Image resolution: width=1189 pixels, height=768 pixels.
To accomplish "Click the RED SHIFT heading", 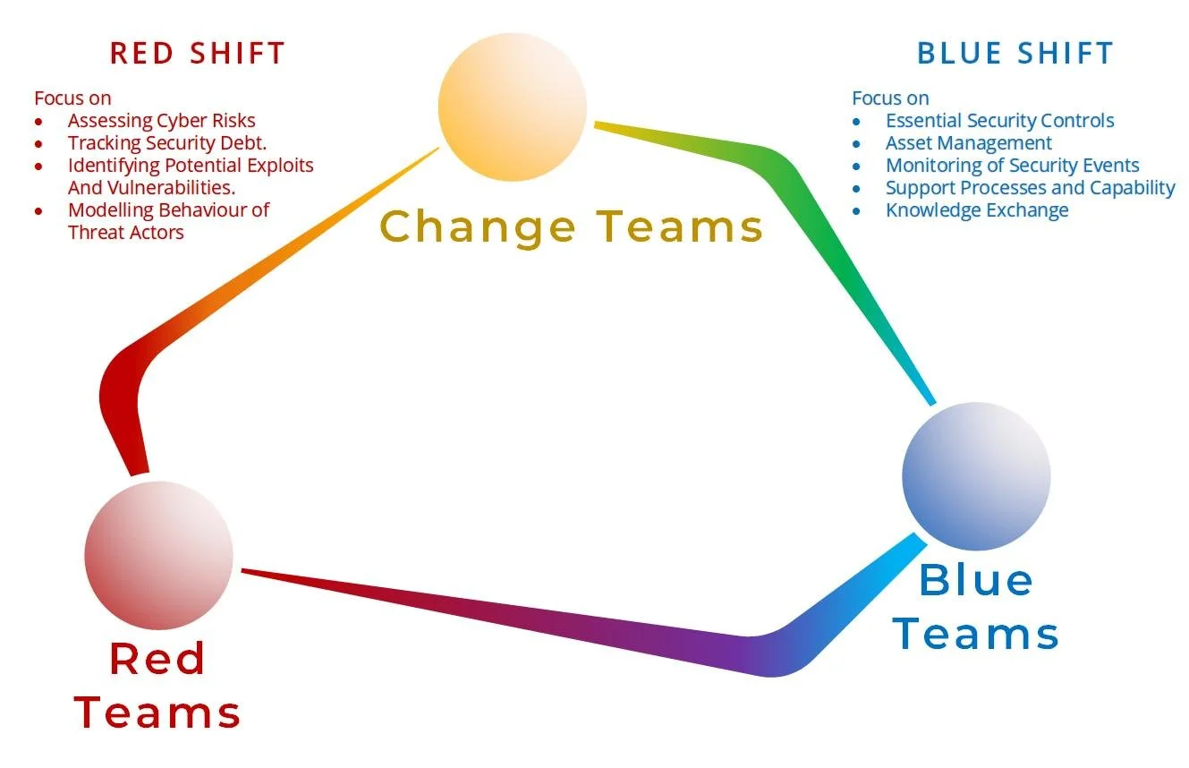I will (x=197, y=53).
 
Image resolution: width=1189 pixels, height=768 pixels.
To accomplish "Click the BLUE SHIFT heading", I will (x=1015, y=53).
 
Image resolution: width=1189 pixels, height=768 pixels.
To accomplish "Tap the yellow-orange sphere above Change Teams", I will (x=513, y=107).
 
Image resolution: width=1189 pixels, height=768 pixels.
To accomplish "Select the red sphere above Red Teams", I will (x=159, y=555).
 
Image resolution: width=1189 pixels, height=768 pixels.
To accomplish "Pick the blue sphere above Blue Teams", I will (x=976, y=476).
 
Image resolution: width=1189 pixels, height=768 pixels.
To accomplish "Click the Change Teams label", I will (x=572, y=226).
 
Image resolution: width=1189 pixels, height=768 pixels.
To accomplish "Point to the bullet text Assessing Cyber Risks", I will (x=161, y=121).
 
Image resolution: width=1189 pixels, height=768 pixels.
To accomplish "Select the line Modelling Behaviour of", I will (x=168, y=210).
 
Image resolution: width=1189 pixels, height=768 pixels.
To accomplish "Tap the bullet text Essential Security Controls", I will (x=999, y=121).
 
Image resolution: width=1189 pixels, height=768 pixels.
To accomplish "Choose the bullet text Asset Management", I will (x=968, y=143).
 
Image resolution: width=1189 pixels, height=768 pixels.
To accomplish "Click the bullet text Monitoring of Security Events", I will (x=1012, y=166).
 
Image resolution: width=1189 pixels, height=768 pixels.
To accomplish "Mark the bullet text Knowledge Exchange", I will (x=977, y=210).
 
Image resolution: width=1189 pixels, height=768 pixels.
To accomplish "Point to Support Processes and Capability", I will (x=1030, y=188).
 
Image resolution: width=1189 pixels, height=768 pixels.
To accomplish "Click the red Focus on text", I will (x=72, y=98).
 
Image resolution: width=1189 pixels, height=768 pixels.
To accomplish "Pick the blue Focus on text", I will (x=890, y=98).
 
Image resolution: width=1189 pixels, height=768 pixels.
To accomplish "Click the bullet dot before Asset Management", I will (x=856, y=143).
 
